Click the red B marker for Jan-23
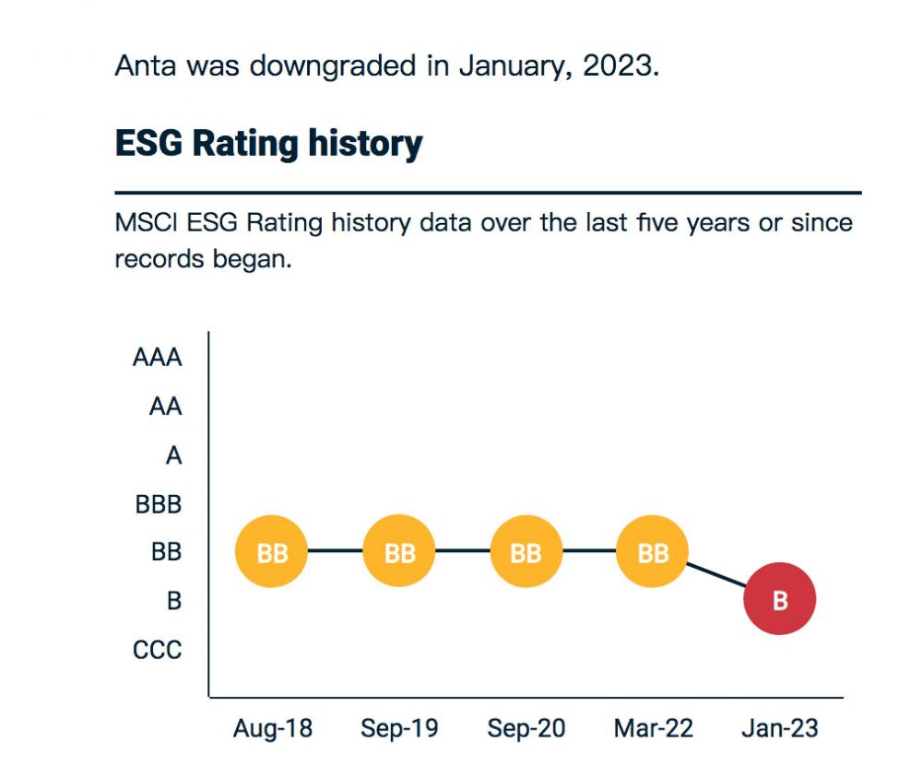point(779,598)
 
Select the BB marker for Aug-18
point(271,551)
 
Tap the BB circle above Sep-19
point(398,551)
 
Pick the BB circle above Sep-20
point(526,551)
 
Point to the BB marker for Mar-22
point(652,551)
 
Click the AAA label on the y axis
point(157,358)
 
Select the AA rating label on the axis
point(165,406)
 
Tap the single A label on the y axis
point(173,455)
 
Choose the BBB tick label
point(159,504)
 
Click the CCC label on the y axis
point(157,650)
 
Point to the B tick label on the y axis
point(174,601)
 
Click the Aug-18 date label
point(272,728)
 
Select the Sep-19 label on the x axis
point(399,728)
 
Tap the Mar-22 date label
point(654,728)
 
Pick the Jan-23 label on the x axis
point(780,728)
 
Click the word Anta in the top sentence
point(146,65)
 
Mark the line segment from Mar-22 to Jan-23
point(716,575)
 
